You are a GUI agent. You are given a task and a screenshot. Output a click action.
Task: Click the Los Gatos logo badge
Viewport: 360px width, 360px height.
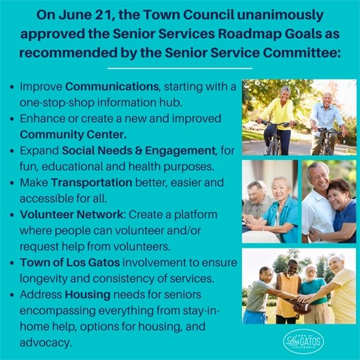303,341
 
